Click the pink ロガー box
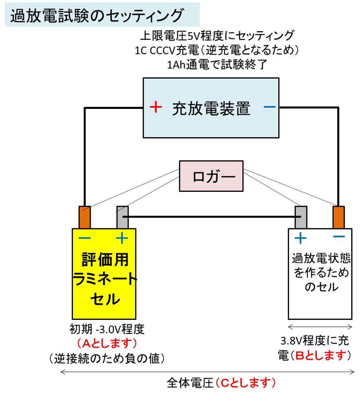[x=211, y=176]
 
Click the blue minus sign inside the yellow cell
[x=85, y=238]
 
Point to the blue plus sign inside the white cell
[x=300, y=238]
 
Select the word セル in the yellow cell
[x=105, y=299]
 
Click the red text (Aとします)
[x=107, y=344]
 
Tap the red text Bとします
[x=320, y=355]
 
